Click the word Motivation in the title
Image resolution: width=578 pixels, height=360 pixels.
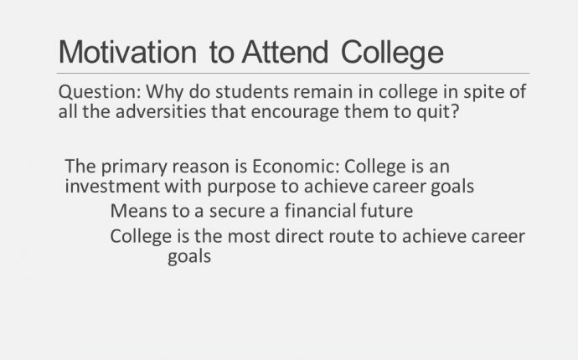pos(127,52)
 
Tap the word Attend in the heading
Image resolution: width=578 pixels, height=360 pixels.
pos(285,52)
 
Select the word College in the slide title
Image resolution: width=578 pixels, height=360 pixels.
pos(392,54)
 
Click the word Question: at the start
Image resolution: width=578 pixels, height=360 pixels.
pos(100,92)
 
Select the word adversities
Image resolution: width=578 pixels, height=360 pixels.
pos(161,111)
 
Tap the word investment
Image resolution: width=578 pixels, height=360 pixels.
pos(112,187)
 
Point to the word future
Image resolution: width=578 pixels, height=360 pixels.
pos(387,212)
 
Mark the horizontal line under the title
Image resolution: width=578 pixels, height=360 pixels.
pos(293,74)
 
